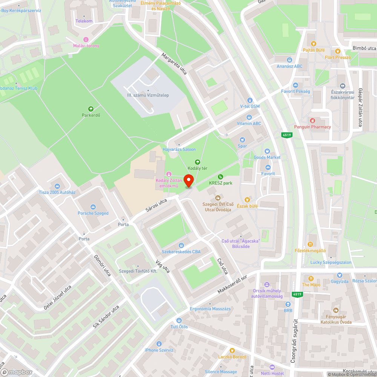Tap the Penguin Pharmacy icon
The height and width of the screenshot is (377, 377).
point(312,121)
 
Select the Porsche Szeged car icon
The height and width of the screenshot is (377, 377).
point(93,207)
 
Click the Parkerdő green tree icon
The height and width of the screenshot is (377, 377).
point(90,109)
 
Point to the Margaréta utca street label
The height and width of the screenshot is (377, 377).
point(174,65)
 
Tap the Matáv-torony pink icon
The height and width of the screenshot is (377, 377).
point(86,40)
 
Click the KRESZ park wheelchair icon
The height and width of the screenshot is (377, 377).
point(221,177)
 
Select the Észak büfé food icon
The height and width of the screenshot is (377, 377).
point(247,199)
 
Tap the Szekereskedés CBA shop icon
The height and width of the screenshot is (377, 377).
point(181,245)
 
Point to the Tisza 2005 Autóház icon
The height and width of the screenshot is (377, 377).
point(57,186)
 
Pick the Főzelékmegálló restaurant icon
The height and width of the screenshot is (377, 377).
point(310,244)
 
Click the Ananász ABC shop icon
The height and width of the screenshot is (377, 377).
point(289,60)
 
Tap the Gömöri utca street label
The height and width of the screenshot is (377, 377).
point(102,265)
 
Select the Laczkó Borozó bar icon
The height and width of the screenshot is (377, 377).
point(232,350)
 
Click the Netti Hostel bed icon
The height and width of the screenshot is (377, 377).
point(272,367)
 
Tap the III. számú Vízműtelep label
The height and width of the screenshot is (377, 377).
point(148,95)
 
